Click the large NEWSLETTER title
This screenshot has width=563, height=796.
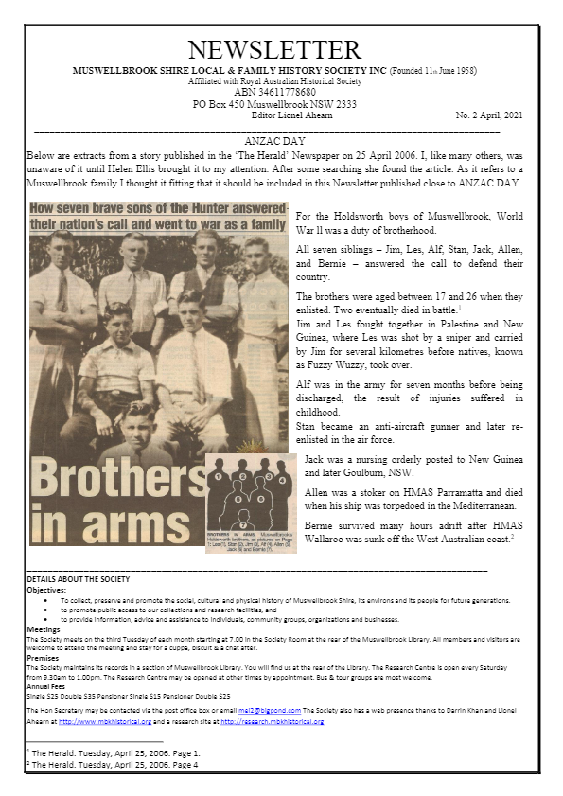click(x=274, y=50)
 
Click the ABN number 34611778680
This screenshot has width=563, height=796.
click(x=274, y=93)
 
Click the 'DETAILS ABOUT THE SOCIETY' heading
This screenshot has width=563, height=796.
click(x=79, y=578)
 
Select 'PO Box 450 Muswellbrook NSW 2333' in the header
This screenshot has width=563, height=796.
click(x=274, y=104)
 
